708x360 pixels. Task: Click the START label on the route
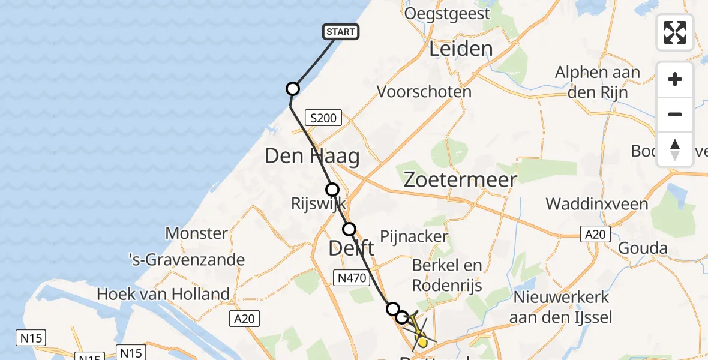point(341,32)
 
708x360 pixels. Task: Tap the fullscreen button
point(675,32)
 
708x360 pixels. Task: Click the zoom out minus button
point(675,114)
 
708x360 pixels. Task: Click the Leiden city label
point(461,49)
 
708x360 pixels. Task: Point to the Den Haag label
point(313,157)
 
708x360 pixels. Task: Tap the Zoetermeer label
point(460,180)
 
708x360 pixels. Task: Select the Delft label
point(352,248)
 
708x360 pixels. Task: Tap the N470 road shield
point(350,277)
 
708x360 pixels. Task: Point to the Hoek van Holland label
point(163,294)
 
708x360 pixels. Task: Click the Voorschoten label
point(424,92)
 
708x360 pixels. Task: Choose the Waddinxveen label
point(597,204)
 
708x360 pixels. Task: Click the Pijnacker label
point(414,236)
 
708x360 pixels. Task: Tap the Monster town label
point(196,233)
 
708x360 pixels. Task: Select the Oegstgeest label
point(448,13)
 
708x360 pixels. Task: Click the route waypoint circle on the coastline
point(292,89)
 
